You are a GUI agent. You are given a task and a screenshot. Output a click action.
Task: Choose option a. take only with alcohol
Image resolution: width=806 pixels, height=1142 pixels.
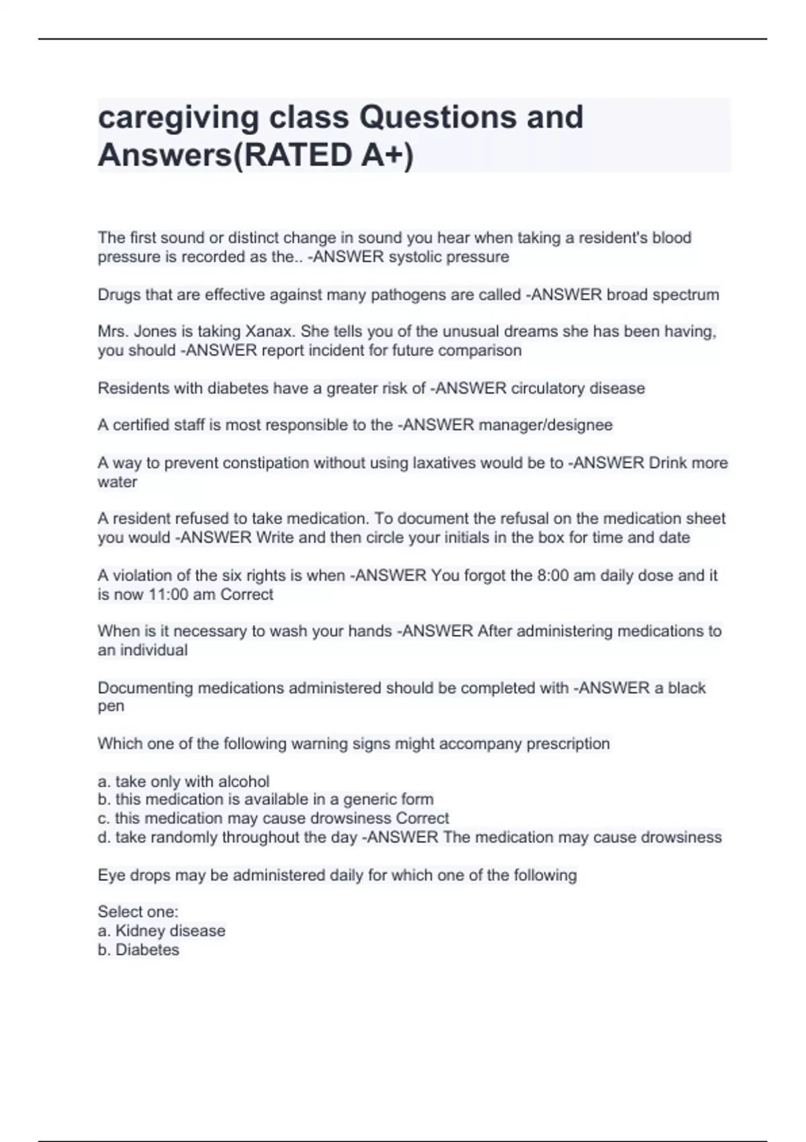(183, 781)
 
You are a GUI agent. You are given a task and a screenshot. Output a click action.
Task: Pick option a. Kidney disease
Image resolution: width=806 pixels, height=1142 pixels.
(161, 931)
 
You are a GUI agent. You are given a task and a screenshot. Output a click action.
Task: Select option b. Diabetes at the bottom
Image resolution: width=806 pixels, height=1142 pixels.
(138, 950)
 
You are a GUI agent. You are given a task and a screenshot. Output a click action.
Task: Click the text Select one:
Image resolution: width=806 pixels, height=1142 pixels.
(138, 912)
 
